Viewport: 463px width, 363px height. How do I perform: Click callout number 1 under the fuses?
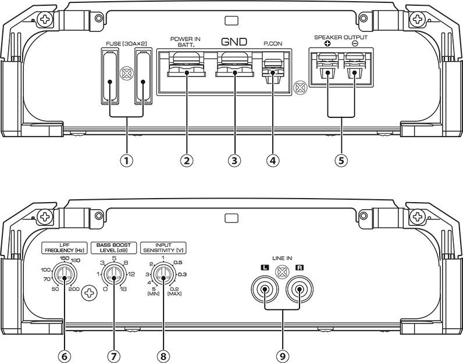(127, 161)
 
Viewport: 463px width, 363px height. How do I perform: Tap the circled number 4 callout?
(273, 161)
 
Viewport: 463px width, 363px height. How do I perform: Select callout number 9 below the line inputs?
(283, 356)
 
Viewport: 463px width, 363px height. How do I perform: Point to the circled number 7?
(113, 356)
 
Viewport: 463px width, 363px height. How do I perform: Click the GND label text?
(234, 42)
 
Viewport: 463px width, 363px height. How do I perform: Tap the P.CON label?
(273, 44)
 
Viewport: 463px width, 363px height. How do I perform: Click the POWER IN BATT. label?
(186, 42)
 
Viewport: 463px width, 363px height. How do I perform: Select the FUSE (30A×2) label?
(126, 44)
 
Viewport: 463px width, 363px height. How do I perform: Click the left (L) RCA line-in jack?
(265, 289)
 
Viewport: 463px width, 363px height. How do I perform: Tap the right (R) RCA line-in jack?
(300, 289)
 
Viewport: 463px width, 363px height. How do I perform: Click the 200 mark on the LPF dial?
(74, 289)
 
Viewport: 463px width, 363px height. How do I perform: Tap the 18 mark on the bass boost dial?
(123, 289)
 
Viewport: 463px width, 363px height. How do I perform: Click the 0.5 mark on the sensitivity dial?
(178, 263)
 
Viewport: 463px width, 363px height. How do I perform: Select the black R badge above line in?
(300, 268)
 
